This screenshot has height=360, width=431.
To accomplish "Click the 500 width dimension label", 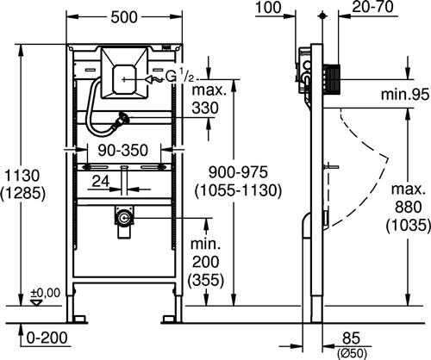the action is [124, 17].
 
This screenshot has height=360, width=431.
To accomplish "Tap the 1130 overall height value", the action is [22, 176].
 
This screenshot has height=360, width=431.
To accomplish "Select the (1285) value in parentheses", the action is [22, 193].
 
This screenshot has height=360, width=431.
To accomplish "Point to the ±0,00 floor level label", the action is [46, 293].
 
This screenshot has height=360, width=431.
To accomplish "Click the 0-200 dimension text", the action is [47, 338].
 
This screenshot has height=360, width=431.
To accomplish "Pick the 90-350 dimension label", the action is [123, 151].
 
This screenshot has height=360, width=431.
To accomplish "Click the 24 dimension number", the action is [101, 182].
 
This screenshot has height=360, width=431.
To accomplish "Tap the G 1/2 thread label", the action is [180, 77].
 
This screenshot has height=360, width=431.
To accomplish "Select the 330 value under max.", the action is [205, 109].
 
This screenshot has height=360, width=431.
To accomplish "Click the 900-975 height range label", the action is [238, 172].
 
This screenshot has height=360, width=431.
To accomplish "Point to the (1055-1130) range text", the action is [238, 190].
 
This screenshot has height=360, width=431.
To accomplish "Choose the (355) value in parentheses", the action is [205, 279].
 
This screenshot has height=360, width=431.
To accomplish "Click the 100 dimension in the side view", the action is [268, 8].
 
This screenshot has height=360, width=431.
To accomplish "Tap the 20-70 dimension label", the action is [372, 7].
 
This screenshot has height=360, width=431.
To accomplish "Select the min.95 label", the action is [405, 94].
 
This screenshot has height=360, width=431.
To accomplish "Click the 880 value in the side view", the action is [408, 207].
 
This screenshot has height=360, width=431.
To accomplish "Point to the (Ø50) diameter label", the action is [352, 352].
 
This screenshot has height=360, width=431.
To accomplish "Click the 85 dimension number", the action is [351, 338].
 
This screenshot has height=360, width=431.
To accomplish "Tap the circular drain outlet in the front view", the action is [124, 218].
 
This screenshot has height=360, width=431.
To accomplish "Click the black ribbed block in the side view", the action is [332, 79].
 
